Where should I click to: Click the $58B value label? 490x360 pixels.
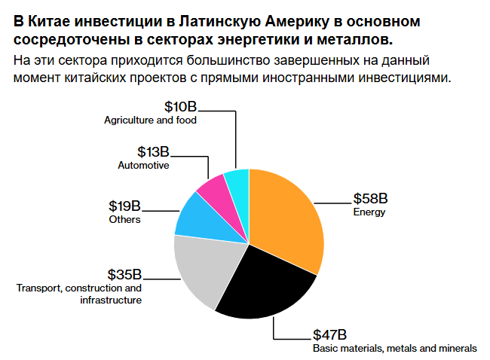370,199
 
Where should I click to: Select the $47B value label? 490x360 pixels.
329,334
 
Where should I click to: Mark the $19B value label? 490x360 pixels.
124,206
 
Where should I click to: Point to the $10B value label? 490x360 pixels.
180,107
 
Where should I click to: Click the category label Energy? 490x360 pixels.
369,212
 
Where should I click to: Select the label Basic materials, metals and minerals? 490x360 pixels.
394,348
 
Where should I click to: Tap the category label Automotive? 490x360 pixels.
143,166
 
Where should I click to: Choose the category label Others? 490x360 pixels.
124,219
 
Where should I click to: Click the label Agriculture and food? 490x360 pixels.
150,121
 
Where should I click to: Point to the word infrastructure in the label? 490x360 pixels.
110,300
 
